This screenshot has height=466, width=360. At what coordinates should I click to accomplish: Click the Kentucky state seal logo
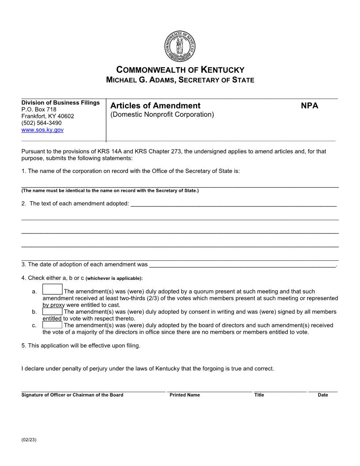(180, 47)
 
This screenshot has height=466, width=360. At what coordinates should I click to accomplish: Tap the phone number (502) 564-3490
(41, 123)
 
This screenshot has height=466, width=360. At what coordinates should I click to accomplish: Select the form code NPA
(309, 106)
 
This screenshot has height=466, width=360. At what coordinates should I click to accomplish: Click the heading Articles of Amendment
(155, 106)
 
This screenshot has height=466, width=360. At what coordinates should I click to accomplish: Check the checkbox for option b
(52, 312)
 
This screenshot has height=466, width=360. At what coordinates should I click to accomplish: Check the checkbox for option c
(52, 325)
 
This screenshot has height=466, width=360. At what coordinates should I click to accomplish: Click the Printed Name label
(184, 395)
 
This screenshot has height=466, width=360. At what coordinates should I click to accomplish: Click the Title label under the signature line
(259, 395)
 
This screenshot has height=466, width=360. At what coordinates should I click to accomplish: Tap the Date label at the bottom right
(322, 395)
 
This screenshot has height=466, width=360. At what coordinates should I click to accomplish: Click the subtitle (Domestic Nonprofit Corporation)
(162, 115)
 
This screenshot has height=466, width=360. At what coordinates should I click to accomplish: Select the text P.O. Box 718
(39, 109)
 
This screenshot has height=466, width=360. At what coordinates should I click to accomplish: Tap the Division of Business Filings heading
(60, 103)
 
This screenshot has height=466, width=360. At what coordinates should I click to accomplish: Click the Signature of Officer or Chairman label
(72, 395)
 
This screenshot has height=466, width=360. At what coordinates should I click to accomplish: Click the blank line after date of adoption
(242, 265)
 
